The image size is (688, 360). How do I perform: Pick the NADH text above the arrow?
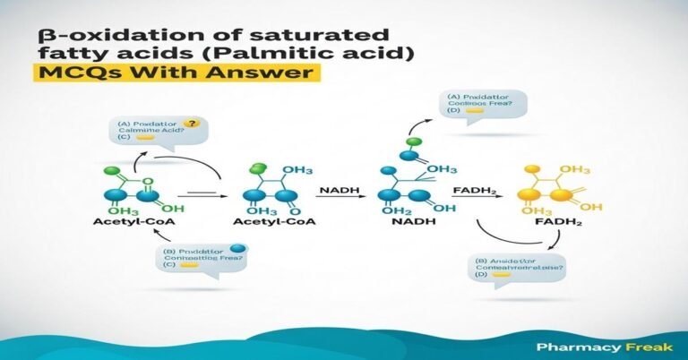(x=340, y=189)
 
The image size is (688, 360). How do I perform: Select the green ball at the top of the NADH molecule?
(x=413, y=141)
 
